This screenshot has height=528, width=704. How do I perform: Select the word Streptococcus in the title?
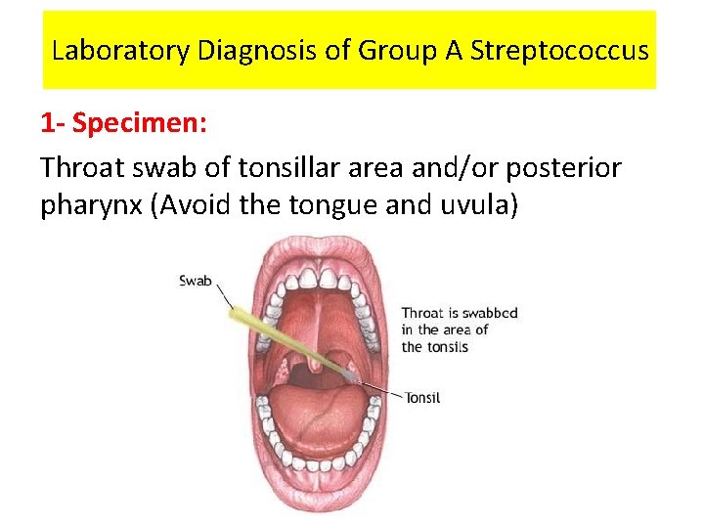[558, 50]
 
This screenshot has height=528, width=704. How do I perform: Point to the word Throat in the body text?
[84, 168]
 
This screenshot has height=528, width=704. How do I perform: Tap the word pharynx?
[91, 208]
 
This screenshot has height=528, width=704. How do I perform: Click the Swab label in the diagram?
[196, 281]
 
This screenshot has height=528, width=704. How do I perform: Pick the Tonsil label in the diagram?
[422, 398]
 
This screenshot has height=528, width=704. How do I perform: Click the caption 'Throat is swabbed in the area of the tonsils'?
[459, 330]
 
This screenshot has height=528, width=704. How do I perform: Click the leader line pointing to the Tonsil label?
[385, 391]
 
